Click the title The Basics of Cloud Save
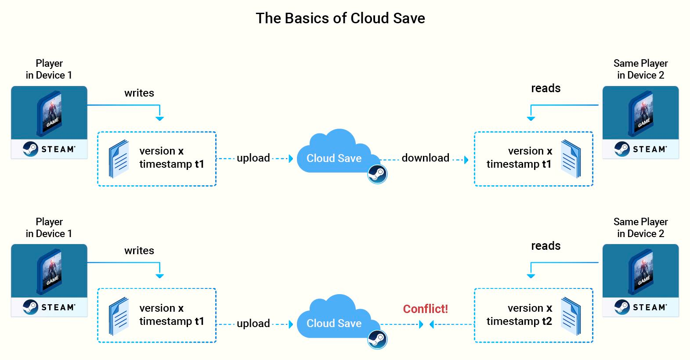tap(340, 18)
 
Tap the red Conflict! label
tap(426, 309)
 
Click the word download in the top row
tap(426, 158)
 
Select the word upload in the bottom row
tap(253, 324)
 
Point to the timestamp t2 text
tap(519, 321)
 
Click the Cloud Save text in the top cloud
tap(334, 158)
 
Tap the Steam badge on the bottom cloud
tap(377, 339)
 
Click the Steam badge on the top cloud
tap(377, 174)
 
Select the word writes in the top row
tap(139, 93)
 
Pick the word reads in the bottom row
tap(545, 246)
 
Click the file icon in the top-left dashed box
tap(119, 159)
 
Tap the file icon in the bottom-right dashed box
tap(571, 316)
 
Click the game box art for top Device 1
tap(50, 113)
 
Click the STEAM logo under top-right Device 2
tap(641, 149)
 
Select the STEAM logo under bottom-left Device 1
tap(49, 307)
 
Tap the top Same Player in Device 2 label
tap(641, 69)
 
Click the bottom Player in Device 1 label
tap(49, 227)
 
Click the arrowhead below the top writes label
tap(159, 119)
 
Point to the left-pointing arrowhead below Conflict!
tap(432, 324)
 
